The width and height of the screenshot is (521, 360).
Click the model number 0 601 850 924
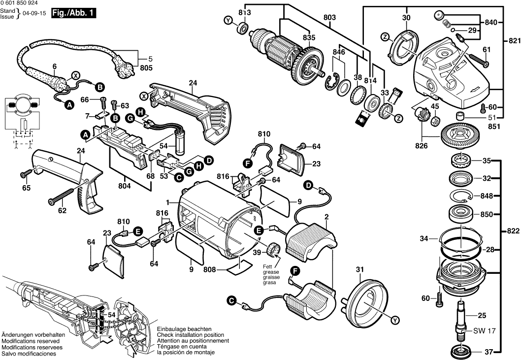(19, 3)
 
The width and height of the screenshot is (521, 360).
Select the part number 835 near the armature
(309, 37)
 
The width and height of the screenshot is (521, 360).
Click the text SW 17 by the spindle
(484, 331)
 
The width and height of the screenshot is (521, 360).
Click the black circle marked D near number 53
(209, 160)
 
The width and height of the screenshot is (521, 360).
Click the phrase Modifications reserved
(31, 341)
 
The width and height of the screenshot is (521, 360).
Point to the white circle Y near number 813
(228, 20)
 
